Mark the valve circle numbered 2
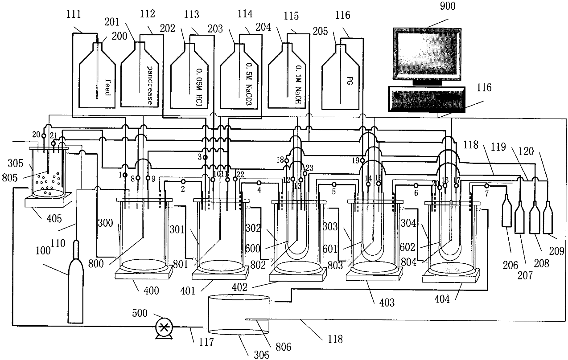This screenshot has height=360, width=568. click(183, 182)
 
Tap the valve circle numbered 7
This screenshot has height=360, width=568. click(486, 186)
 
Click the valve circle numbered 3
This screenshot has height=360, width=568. click(206, 158)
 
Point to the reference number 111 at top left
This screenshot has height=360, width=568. click(73, 15)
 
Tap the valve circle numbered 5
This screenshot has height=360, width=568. click(334, 184)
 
